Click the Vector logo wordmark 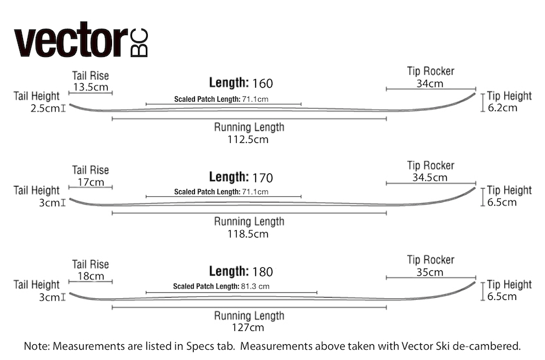coord(71,39)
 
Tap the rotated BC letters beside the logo coord(139,42)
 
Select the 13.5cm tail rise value coord(91,87)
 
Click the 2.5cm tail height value coord(45,108)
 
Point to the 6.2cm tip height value coord(502,107)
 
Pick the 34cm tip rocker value coord(430,84)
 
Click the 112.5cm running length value coord(248,139)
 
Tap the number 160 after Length coord(262,84)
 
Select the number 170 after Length coord(262,178)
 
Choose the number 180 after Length coord(262,272)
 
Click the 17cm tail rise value coord(91,182)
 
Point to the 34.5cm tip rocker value coord(430,178)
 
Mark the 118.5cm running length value coord(248,234)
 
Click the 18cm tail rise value coord(91,276)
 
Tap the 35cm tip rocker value coord(430,272)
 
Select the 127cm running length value coord(248,327)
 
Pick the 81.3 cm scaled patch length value coord(255,286)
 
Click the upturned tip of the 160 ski coord(474,93)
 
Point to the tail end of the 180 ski coord(70,293)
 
